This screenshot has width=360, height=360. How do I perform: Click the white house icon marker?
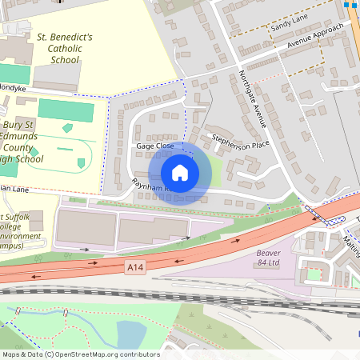point(180,172)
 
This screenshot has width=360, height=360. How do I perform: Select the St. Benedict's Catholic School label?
point(65,48)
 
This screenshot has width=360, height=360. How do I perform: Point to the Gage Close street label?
point(154,146)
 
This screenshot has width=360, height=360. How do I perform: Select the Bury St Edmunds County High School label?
point(32,142)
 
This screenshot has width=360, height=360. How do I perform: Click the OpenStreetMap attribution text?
point(80,354)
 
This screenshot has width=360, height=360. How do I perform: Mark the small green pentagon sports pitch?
point(67,127)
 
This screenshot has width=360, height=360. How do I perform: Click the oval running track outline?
point(68,152)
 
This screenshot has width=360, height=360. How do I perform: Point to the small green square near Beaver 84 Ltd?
point(314,274)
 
